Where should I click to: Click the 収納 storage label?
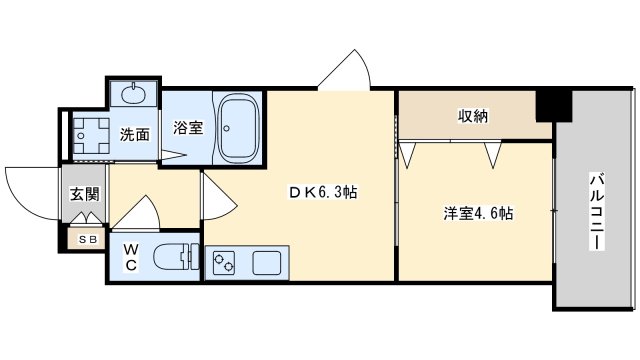(473, 116)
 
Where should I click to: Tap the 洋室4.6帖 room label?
(478, 213)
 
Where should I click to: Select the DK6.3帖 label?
(323, 192)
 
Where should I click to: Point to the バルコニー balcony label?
(598, 211)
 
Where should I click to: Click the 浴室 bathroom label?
(188, 128)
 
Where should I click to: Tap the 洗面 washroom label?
(135, 134)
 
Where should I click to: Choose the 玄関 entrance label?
(84, 194)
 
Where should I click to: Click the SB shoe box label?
(88, 240)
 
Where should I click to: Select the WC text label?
(131, 257)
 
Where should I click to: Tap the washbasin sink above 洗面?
(134, 94)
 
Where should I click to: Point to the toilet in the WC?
(176, 257)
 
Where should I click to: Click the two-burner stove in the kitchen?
(224, 262)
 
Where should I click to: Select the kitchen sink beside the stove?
(267, 262)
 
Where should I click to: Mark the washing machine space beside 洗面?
(91, 136)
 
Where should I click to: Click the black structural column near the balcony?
(554, 106)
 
